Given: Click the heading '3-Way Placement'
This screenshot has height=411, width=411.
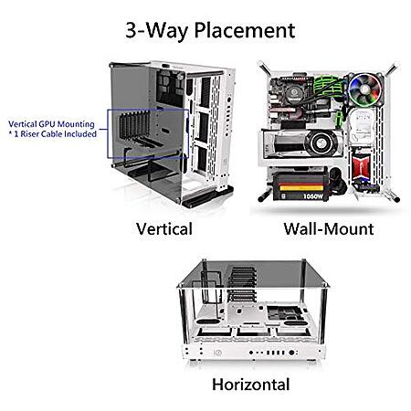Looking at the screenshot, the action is click(210, 31).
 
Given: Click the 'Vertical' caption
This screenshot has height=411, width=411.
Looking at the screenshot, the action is click(164, 229).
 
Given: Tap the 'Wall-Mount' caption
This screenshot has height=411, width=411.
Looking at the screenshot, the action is click(329, 229).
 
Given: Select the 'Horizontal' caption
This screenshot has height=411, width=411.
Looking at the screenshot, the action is click(250, 385).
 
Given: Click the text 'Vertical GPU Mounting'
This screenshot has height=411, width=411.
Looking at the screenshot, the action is click(51, 124).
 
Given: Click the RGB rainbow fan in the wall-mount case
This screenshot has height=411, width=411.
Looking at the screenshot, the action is click(364, 90).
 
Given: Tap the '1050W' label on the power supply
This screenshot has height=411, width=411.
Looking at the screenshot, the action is click(313, 196).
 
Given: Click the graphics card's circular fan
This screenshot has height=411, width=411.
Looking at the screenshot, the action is click(321, 143).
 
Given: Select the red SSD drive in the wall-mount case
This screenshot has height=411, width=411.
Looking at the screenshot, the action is click(361, 166).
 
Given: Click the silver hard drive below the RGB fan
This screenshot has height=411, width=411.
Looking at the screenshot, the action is click(362, 126).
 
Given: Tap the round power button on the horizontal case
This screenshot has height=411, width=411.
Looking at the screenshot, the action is click(217, 353).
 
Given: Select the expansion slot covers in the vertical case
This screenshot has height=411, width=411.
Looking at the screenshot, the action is click(134, 126).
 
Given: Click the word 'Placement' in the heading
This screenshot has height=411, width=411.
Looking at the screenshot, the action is click(245, 31).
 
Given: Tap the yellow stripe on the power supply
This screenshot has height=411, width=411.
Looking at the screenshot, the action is click(301, 188).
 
